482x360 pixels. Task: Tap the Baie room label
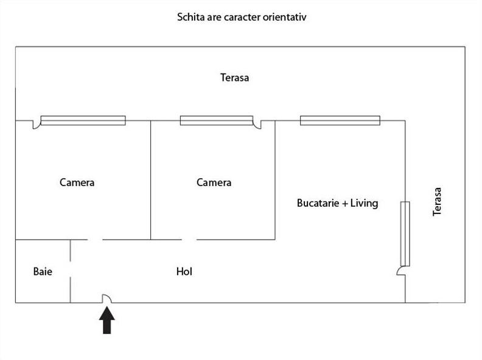(x=43, y=272)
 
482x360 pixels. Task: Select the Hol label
(x=184, y=272)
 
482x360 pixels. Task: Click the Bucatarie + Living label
(x=338, y=203)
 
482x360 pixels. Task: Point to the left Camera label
(x=77, y=182)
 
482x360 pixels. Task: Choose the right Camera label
(x=214, y=182)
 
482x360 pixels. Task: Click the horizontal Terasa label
(x=234, y=77)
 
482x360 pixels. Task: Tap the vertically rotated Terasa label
(x=437, y=202)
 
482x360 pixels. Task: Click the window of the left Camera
(x=83, y=120)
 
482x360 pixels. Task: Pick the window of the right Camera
(x=217, y=120)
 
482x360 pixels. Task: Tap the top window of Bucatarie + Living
(x=340, y=120)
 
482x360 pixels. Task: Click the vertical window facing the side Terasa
(x=405, y=234)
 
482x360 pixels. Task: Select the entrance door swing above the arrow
(x=107, y=298)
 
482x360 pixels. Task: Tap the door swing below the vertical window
(x=401, y=271)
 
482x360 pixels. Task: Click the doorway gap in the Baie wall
(x=71, y=269)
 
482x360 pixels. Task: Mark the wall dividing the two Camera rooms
(x=151, y=180)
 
